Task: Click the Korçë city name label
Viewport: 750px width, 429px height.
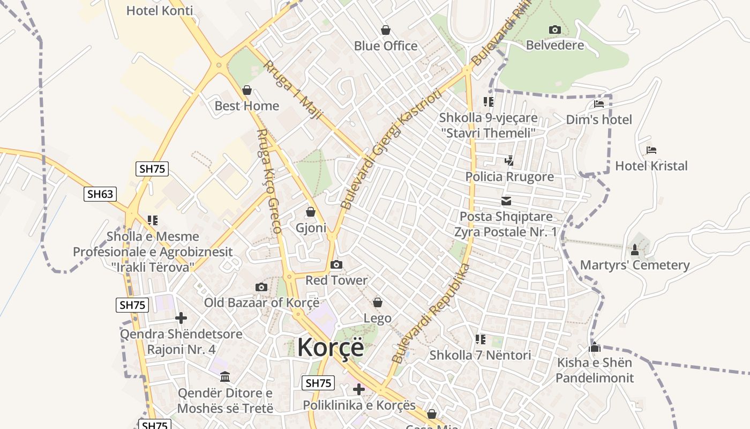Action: [331, 347]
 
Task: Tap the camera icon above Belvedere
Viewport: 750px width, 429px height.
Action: [554, 29]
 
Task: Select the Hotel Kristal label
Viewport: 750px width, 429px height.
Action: [651, 166]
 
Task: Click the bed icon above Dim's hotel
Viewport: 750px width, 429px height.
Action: [599, 103]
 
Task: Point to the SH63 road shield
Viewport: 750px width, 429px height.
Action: [100, 194]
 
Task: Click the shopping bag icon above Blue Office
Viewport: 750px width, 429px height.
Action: [385, 30]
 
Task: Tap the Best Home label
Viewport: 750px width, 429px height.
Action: [246, 106]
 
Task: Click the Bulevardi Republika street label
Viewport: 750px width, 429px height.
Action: [430, 314]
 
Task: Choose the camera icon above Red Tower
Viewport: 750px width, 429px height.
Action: [336, 264]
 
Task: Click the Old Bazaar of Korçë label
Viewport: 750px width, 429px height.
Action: [261, 302]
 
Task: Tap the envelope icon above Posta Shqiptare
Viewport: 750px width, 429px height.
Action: [506, 201]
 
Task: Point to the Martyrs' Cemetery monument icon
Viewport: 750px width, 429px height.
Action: [635, 249]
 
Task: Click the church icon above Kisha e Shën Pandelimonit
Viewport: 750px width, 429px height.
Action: [594, 347]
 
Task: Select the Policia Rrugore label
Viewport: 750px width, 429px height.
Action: [509, 176]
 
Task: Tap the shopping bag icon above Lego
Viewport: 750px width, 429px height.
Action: [378, 302]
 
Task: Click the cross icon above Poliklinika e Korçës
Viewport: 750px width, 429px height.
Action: [359, 389]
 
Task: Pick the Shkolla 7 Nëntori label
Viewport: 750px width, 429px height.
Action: [480, 355]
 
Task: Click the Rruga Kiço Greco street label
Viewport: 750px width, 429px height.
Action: [268, 181]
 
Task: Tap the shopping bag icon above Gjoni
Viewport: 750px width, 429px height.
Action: [311, 212]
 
